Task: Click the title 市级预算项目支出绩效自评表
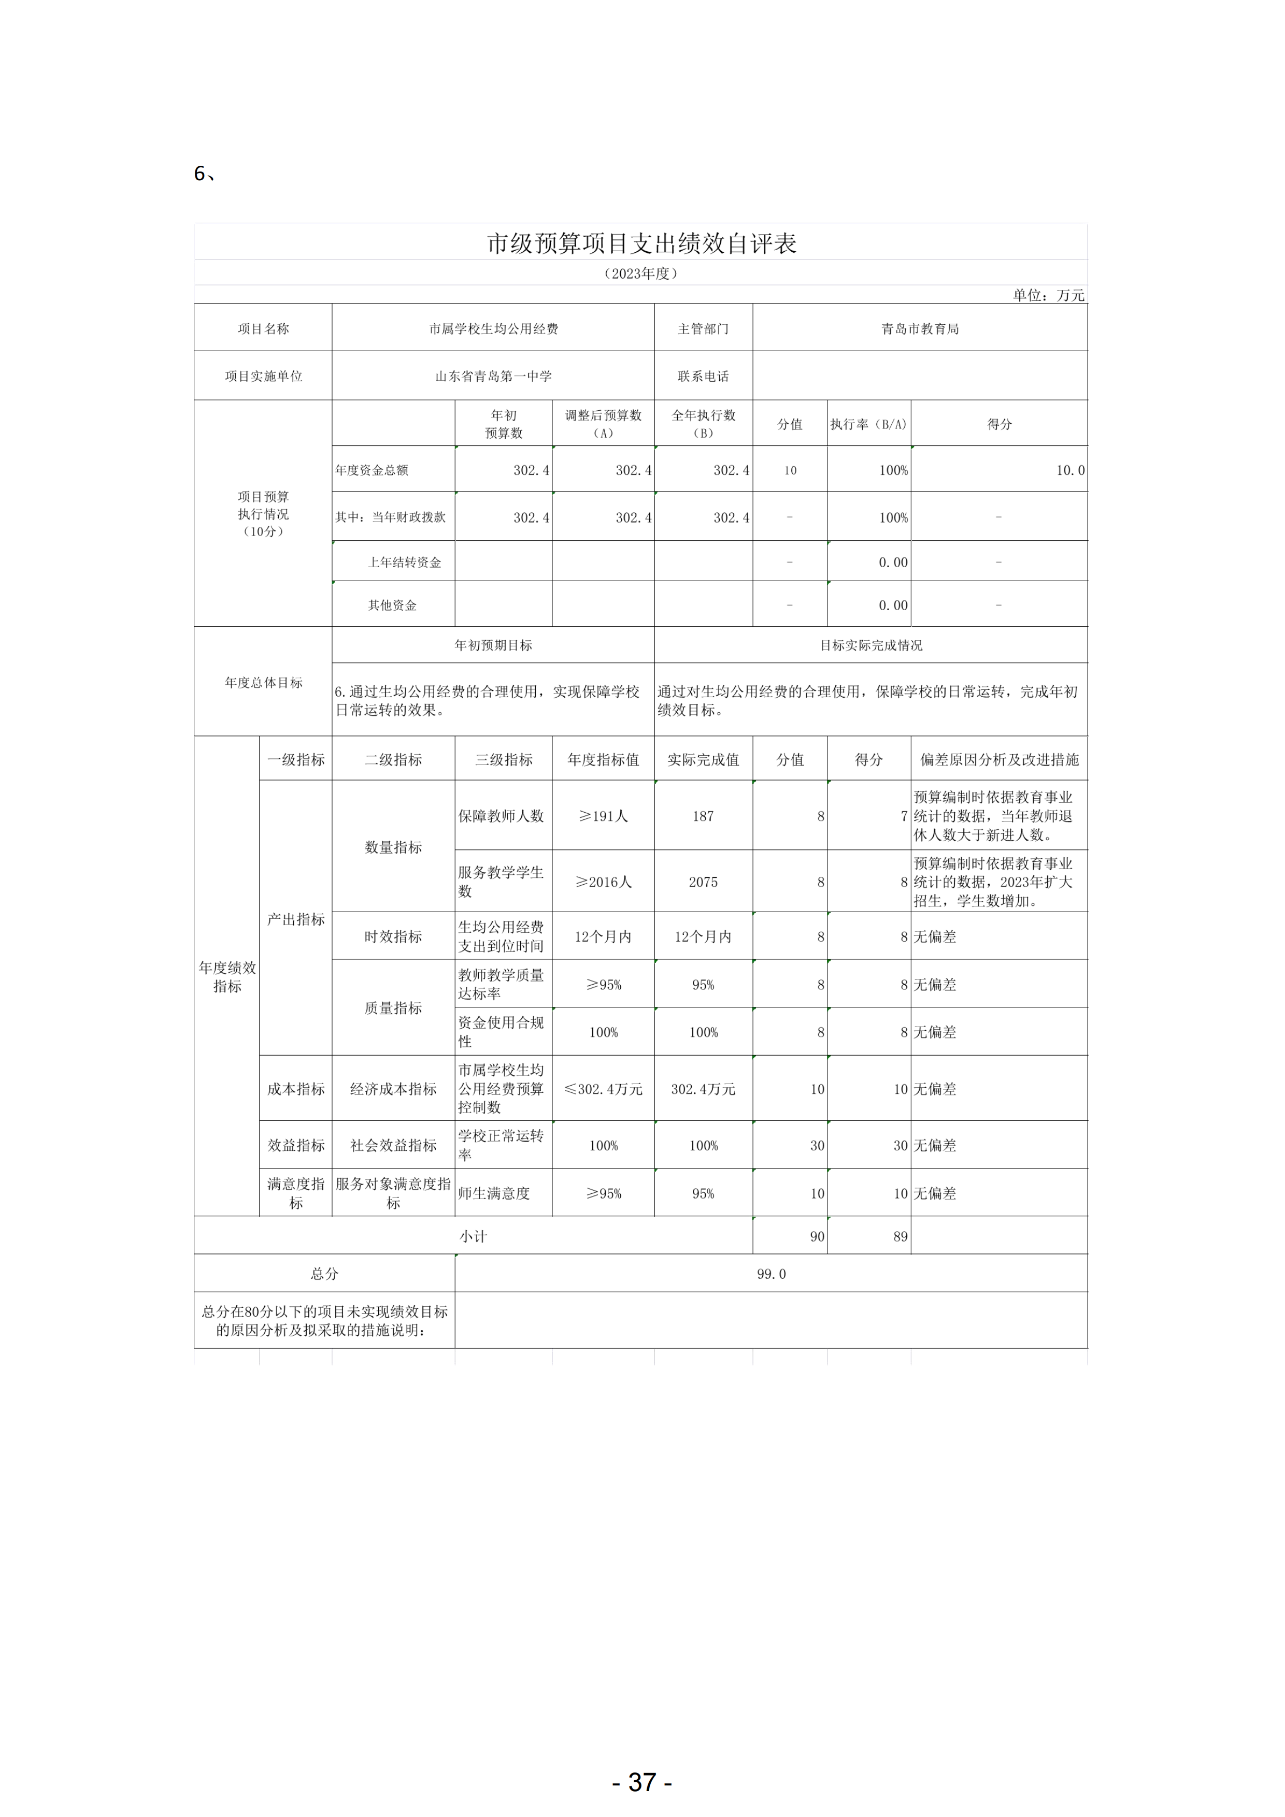pyautogui.click(x=641, y=244)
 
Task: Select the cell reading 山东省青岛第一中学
pyautogui.click(x=493, y=376)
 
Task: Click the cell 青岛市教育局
pyautogui.click(x=920, y=328)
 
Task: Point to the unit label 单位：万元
pyautogui.click(x=1048, y=295)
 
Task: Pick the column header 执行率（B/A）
pyautogui.click(x=868, y=424)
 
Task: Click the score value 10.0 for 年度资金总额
pyautogui.click(x=1069, y=470)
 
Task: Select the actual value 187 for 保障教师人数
pyautogui.click(x=703, y=816)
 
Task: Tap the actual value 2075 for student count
pyautogui.click(x=703, y=882)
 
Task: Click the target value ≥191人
pyautogui.click(x=603, y=816)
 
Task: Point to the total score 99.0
pyautogui.click(x=771, y=1273)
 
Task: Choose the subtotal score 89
pyautogui.click(x=900, y=1236)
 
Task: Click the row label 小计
pyautogui.click(x=474, y=1236)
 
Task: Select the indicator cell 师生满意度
pyautogui.click(x=494, y=1193)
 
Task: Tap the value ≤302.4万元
pyautogui.click(x=603, y=1089)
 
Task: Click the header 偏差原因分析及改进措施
pyautogui.click(x=999, y=760)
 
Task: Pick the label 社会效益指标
pyautogui.click(x=393, y=1145)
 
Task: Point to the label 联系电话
pyautogui.click(x=703, y=376)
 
